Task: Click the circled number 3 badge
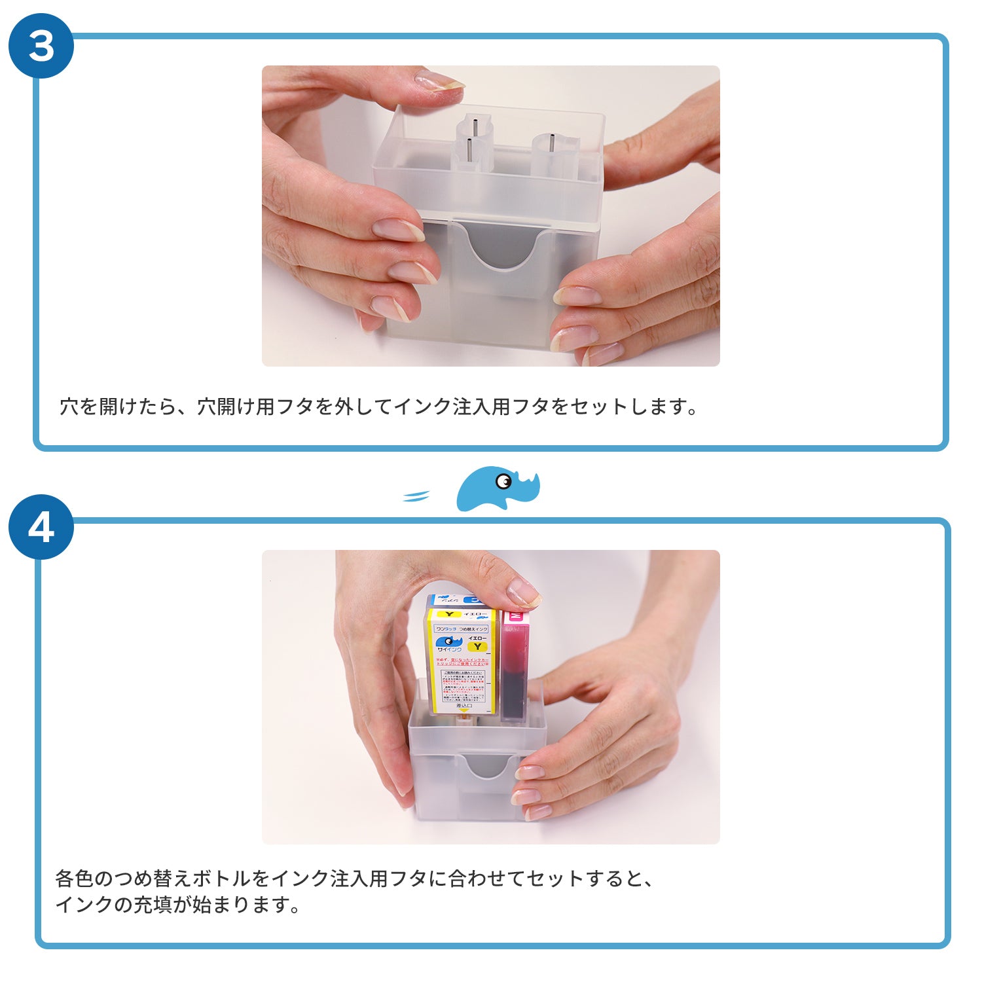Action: click(41, 46)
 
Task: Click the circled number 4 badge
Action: click(41, 526)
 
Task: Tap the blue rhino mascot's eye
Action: click(503, 482)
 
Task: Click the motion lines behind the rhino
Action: click(416, 496)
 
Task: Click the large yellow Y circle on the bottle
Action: click(478, 646)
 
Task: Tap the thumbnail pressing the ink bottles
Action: click(523, 592)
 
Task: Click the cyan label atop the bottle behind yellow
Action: click(473, 600)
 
